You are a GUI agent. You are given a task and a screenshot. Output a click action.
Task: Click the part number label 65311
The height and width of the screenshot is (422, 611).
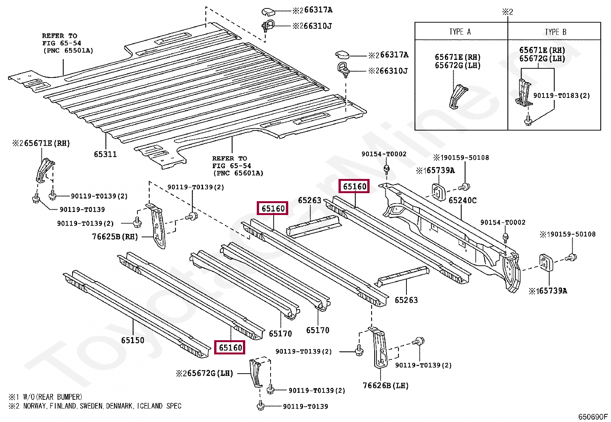click(105, 154)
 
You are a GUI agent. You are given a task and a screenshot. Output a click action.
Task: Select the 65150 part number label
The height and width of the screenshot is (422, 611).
click(132, 340)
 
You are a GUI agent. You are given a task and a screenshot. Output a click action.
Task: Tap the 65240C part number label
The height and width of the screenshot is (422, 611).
click(462, 200)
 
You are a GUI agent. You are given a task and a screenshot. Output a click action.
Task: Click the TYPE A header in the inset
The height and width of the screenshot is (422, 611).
click(460, 32)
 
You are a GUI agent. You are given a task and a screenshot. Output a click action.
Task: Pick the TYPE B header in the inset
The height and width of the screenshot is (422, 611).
click(555, 32)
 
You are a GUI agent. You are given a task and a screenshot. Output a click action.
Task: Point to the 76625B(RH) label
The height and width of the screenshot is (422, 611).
click(115, 237)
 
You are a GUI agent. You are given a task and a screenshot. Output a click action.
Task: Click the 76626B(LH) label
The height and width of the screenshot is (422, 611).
click(385, 386)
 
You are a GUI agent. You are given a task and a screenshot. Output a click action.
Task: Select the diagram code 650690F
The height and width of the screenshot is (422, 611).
click(593, 417)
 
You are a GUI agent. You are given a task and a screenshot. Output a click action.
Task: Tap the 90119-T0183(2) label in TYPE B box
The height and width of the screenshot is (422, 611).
click(561, 96)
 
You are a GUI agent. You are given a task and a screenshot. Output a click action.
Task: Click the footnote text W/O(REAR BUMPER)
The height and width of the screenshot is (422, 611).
click(53, 397)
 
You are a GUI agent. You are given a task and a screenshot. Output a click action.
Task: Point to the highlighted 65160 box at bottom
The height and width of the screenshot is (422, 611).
click(230, 348)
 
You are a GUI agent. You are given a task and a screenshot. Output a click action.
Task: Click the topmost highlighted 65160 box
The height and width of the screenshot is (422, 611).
click(355, 187)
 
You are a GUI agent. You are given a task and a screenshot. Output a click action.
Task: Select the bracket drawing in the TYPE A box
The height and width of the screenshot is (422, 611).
click(458, 97)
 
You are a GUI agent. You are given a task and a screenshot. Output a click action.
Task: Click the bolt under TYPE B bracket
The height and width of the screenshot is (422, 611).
click(528, 121)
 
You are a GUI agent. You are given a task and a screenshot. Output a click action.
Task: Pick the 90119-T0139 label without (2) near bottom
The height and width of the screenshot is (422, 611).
click(305, 407)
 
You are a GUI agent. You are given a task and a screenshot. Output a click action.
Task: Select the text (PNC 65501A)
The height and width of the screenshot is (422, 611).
click(68, 51)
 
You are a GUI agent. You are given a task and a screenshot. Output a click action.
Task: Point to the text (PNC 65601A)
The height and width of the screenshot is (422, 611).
click(238, 173)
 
